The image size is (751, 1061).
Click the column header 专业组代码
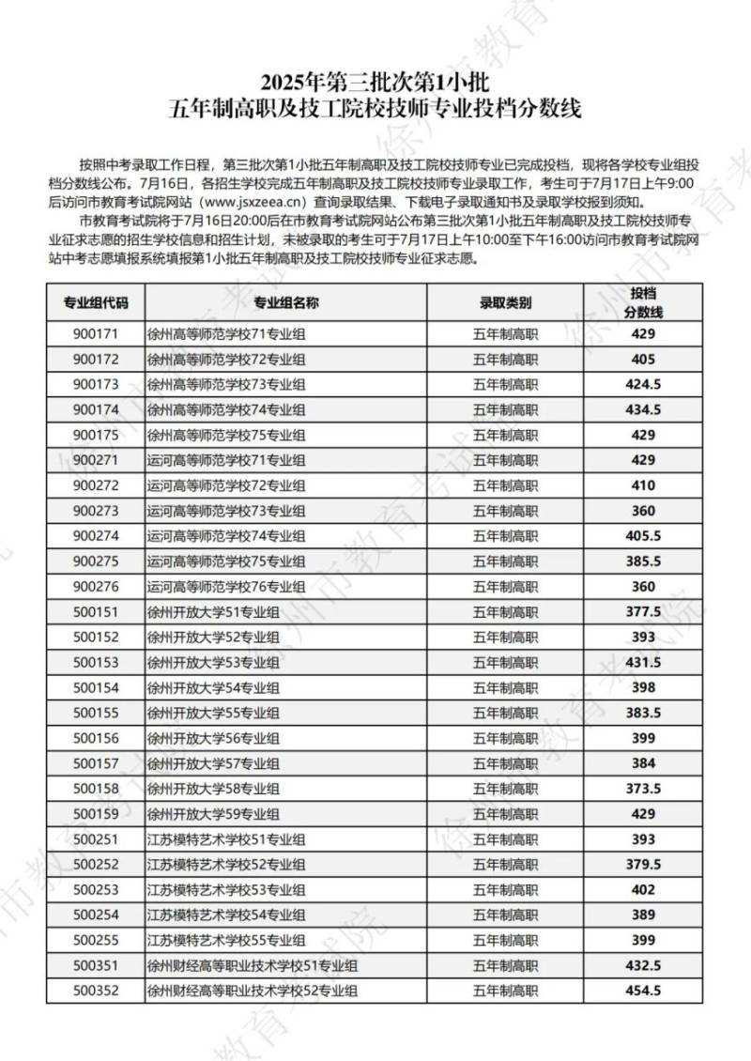click(96, 303)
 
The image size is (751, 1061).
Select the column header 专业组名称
click(286, 303)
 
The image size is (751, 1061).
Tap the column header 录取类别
click(505, 303)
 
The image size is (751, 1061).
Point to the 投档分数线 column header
click(644, 302)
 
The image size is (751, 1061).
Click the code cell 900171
click(96, 334)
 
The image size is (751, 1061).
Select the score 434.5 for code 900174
click(644, 408)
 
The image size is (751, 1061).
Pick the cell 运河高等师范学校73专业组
click(226, 510)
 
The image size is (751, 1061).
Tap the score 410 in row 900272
click(644, 484)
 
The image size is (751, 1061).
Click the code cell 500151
click(96, 611)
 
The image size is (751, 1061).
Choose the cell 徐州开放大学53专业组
click(213, 662)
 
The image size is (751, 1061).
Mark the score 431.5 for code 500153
click(644, 662)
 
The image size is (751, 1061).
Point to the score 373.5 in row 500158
click(644, 788)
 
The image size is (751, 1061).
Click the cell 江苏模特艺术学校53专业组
click(226, 889)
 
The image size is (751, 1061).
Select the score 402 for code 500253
click(644, 889)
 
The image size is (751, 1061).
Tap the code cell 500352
click(96, 990)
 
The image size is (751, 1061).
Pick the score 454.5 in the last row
click(644, 990)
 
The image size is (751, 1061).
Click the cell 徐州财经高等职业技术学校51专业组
click(253, 964)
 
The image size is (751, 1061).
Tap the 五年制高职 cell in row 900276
click(505, 586)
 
